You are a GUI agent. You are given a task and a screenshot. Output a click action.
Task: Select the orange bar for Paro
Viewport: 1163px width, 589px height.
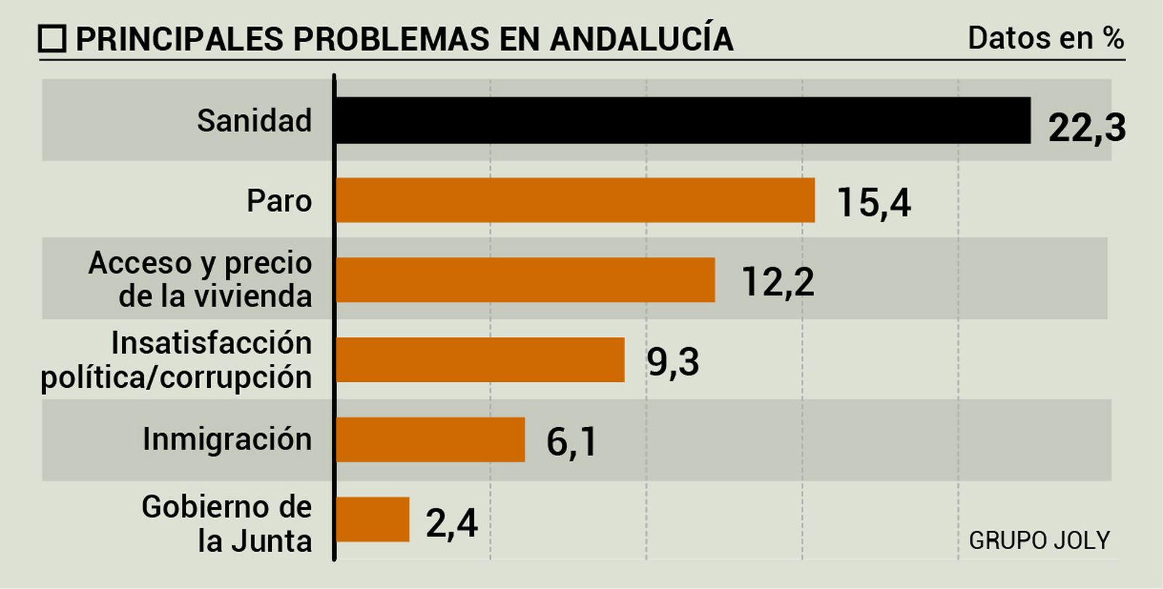(575, 200)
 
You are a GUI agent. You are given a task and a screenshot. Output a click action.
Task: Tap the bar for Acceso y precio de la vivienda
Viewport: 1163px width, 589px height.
(526, 280)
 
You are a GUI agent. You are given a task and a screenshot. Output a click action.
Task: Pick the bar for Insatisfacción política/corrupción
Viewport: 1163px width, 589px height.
(480, 360)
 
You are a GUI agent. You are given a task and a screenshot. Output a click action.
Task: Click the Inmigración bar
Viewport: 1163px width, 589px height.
(430, 439)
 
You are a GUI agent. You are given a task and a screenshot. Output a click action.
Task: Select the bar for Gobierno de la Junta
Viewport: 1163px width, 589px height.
(373, 519)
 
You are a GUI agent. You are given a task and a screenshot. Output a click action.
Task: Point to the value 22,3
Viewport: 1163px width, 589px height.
(1087, 128)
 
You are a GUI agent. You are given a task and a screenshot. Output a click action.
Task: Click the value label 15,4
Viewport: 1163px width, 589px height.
(874, 203)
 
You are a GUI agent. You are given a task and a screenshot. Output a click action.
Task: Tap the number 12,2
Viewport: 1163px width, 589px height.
(778, 282)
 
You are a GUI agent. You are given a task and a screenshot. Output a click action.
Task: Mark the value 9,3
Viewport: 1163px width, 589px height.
(673, 362)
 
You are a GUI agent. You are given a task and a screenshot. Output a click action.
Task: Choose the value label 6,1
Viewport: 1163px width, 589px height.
(572, 442)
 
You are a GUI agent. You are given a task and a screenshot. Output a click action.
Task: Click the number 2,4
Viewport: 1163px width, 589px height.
(451, 522)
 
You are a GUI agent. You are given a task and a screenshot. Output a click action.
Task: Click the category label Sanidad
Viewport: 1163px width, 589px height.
(254, 121)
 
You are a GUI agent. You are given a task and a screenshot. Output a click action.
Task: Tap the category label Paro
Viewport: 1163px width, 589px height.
(279, 200)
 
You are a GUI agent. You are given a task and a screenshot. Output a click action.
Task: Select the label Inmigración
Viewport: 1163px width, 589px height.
(227, 439)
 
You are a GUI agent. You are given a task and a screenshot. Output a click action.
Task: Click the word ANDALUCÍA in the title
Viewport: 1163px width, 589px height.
(641, 39)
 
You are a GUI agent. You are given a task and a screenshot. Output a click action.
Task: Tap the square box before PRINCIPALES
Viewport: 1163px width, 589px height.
(52, 39)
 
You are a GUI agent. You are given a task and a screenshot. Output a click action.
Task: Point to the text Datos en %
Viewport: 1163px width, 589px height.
(1046, 38)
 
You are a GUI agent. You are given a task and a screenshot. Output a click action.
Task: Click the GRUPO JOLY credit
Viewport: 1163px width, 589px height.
(1039, 540)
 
